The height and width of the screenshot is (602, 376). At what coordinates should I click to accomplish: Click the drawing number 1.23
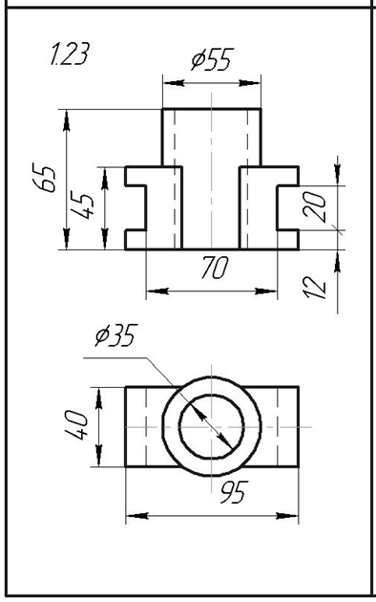coord(70,54)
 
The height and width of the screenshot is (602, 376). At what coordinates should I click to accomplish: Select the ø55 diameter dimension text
coord(213,60)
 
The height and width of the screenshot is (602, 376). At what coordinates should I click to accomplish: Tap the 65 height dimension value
coord(45,178)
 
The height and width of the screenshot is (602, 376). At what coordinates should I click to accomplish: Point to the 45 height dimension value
coord(82,206)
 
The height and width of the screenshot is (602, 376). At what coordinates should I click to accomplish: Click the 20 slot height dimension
coord(314,206)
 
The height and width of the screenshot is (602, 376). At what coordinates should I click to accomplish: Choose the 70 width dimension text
coord(215,268)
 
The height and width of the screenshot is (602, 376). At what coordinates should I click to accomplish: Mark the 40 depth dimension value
coord(76,425)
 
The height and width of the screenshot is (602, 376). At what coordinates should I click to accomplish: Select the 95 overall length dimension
coord(234,492)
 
